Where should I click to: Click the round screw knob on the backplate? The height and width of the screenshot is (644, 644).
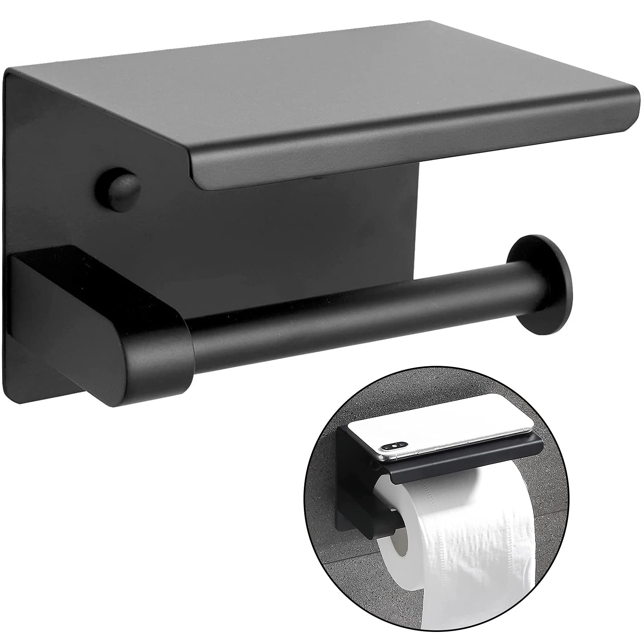click(118, 188)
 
